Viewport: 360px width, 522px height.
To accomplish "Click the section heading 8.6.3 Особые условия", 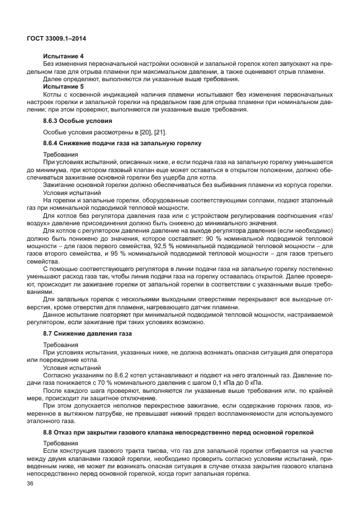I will (77, 121).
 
